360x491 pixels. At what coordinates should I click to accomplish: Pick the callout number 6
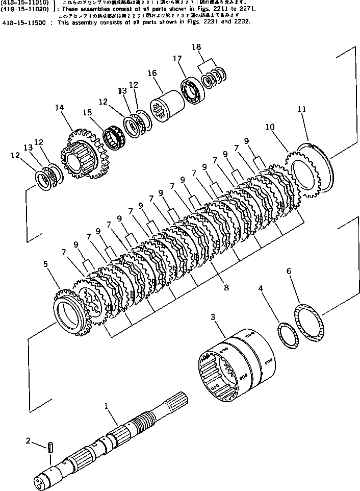point(290,272)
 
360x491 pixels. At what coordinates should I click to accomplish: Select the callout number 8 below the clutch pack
point(226,288)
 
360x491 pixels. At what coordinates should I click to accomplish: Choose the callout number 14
point(60,108)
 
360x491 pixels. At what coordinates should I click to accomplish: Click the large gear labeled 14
point(82,156)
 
